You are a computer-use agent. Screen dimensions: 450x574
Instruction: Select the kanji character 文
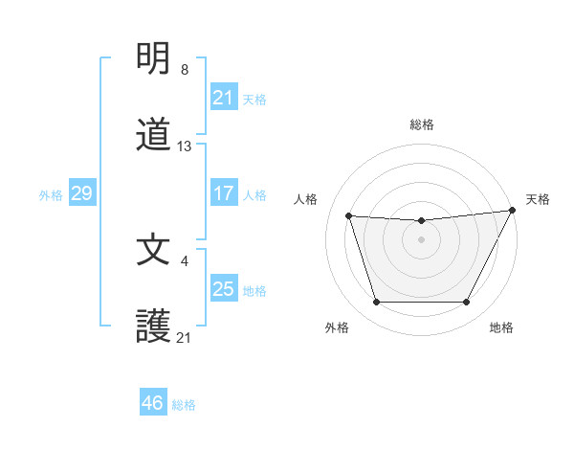point(154,250)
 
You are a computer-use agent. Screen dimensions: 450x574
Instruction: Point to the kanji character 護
point(154,326)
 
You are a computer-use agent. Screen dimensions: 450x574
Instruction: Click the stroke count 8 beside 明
point(184,70)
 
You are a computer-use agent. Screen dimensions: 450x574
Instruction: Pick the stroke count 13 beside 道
point(185,146)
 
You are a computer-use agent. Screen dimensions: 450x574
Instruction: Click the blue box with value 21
point(223,97)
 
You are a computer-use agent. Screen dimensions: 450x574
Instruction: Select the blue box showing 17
point(223,192)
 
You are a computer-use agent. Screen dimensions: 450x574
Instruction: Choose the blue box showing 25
point(223,288)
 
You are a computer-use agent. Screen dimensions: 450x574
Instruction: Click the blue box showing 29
point(81,193)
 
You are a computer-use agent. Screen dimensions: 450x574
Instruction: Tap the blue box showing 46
point(153,403)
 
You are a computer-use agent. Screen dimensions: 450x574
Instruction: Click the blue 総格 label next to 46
point(185,405)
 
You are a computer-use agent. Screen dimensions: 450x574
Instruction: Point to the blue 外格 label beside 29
point(51,195)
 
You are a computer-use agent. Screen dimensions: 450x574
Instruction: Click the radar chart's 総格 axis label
point(421,124)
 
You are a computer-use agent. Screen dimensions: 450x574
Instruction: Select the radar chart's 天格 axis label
point(538,199)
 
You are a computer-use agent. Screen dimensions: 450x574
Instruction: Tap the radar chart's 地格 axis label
point(501,328)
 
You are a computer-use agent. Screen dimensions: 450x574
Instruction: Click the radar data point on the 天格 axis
point(514,210)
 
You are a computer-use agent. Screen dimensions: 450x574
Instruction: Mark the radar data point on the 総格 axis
point(421,221)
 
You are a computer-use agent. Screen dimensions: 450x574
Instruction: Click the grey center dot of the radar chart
point(421,239)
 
